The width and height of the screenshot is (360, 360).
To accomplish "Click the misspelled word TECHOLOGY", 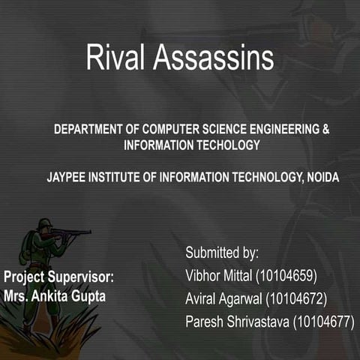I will tap(225, 145).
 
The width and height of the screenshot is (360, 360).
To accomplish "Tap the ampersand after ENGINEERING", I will tap(325, 129).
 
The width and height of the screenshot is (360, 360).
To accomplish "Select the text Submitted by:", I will tap(222, 252).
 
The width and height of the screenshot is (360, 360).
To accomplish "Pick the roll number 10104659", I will tap(286, 275).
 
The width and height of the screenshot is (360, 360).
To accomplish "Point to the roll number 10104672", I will tap(297, 298).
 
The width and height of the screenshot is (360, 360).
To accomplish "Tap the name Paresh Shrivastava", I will tap(236, 322).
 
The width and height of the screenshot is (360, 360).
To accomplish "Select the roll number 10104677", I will tap(323, 322).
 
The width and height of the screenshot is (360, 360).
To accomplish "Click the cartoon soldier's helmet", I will tap(44, 223).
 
